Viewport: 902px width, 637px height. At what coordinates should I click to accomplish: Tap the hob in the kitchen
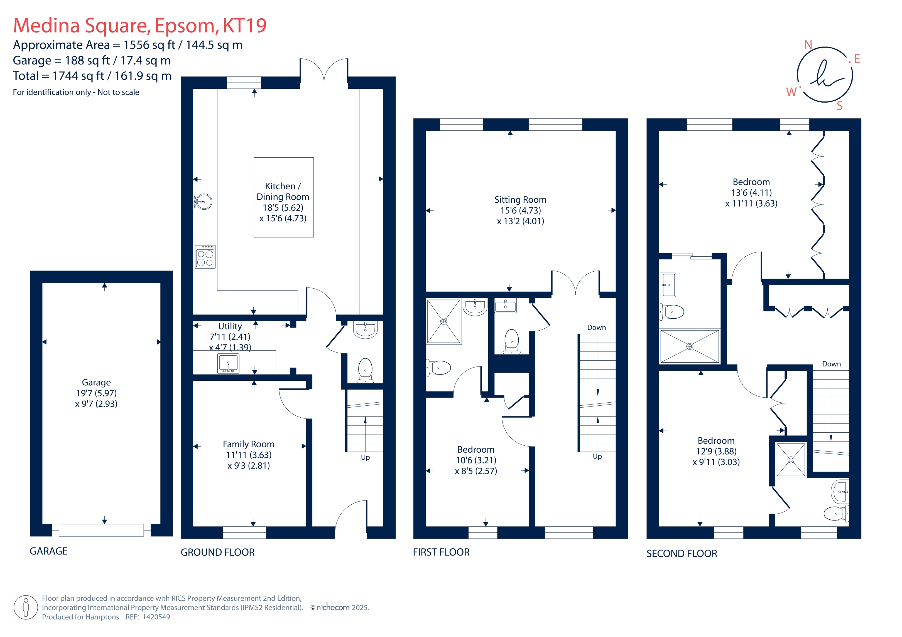coord(205,257)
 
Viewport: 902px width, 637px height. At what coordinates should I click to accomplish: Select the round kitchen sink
coord(203,202)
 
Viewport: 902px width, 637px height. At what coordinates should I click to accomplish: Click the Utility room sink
coord(228,363)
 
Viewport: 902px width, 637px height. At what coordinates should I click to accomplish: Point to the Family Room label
coord(249,444)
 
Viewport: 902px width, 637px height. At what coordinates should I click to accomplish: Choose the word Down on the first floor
coord(596,327)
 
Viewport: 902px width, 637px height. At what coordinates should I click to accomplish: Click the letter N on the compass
coord(808,45)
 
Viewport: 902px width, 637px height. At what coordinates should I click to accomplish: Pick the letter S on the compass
coord(840,106)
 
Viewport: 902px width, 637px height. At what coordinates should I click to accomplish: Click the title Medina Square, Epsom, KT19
coord(140,26)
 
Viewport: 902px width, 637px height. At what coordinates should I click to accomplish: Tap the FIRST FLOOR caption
coord(441,552)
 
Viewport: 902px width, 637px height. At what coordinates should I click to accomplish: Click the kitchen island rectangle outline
coord(284,158)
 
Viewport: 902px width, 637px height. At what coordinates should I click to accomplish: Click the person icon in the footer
coord(26,607)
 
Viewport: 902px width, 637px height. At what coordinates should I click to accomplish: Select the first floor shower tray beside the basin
coord(443,321)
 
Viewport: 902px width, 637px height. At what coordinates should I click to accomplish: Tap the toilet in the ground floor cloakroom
coord(365,370)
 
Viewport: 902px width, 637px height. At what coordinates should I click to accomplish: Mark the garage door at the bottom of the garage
coord(101,530)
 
